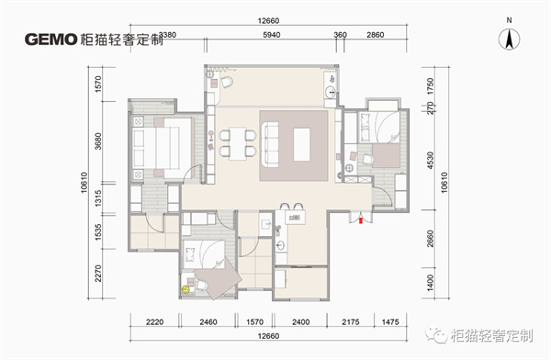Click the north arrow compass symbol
[509, 39]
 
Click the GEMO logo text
[51, 39]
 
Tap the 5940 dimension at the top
[271, 35]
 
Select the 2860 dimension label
[375, 35]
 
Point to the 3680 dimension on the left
[98, 141]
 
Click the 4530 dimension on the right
[430, 161]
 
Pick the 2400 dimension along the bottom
[301, 321]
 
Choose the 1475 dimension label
[390, 321]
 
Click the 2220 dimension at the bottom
[154, 321]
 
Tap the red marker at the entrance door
[361, 220]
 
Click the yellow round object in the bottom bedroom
[186, 289]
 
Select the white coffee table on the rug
[301, 144]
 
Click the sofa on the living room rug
[271, 144]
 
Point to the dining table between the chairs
[238, 143]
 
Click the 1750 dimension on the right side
[430, 85]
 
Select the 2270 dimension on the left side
[98, 273]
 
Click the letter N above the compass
[509, 20]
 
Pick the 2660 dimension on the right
[430, 239]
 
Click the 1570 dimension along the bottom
[254, 321]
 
